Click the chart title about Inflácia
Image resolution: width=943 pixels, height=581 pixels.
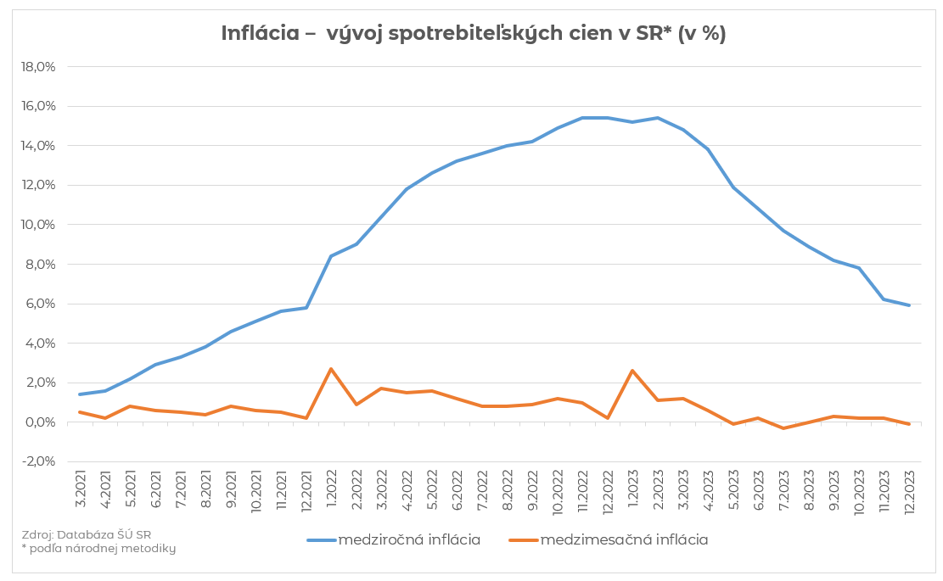coord(473,33)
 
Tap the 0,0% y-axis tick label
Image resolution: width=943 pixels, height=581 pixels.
coord(38,422)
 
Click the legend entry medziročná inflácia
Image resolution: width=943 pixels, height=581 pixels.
coord(395,539)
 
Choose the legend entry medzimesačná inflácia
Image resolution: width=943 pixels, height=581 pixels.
coord(609,539)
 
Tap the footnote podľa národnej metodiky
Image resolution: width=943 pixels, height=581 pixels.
coord(98,549)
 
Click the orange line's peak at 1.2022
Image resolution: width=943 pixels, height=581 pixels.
coord(331,369)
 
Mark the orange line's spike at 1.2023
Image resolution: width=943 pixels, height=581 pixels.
coord(632,371)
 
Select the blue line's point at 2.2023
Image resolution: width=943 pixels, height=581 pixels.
coord(658,118)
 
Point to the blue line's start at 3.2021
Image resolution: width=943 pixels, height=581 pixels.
coord(79,394)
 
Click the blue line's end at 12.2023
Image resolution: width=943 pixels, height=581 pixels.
coord(910,305)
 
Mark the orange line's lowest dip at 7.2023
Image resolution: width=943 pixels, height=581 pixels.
coord(783,428)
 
